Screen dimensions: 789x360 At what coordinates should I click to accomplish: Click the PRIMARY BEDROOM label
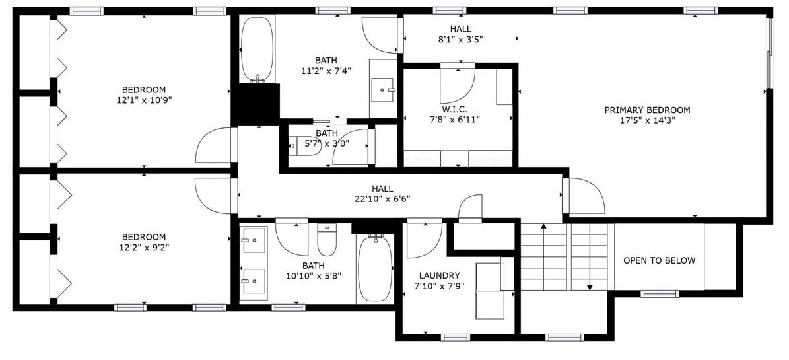coord(647,110)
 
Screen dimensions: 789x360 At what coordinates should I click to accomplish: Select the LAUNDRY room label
coord(439,275)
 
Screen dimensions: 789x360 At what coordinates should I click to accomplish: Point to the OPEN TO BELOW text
coord(659,260)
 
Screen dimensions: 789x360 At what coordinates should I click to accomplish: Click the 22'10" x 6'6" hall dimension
coord(382,198)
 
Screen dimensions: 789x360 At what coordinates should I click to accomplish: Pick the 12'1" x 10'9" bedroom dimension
coord(144,100)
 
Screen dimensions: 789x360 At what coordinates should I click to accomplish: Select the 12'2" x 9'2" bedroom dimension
coord(144,247)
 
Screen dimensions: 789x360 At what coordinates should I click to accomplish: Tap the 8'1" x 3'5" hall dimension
coord(460,40)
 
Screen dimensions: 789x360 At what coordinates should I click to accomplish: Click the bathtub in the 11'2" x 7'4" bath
coord(257,50)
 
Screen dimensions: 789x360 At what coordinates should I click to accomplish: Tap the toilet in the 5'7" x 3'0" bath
coord(305,146)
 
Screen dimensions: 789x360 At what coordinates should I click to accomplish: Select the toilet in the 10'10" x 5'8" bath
coord(327,240)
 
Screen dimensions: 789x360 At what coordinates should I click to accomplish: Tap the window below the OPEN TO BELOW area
coord(660,293)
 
